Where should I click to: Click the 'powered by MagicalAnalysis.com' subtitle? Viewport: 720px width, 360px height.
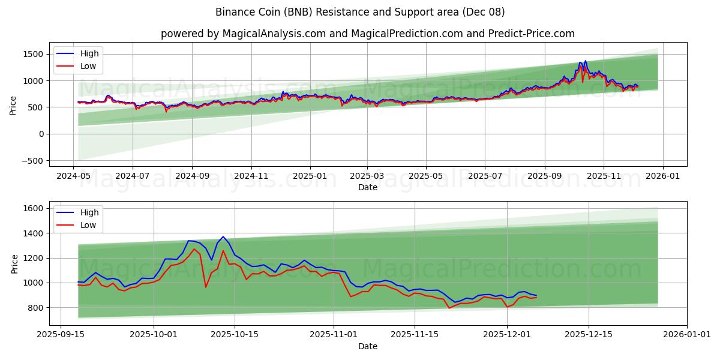click(x=368, y=34)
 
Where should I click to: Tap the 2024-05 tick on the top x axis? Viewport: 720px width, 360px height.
click(x=73, y=177)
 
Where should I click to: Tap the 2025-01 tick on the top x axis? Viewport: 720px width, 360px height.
click(x=310, y=177)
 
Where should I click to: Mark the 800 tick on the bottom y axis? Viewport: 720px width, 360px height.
click(x=35, y=307)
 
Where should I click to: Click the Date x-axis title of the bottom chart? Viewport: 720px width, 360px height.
click(x=368, y=346)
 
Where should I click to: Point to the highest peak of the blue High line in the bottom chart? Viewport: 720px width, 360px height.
click(x=223, y=236)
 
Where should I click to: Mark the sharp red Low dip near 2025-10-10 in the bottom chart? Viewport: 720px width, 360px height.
click(x=206, y=287)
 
